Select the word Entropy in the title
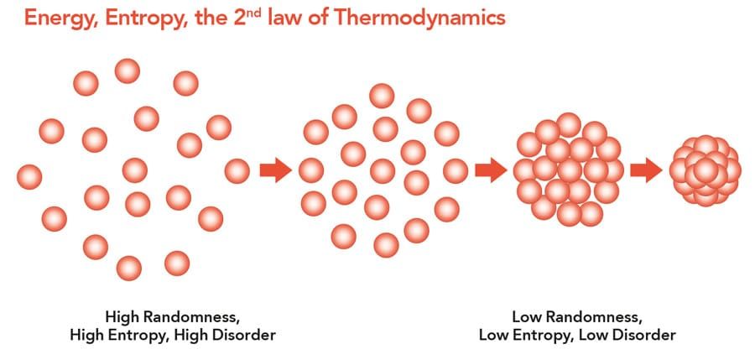(x=129, y=18)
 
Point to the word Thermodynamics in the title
(x=419, y=18)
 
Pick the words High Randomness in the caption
(x=173, y=317)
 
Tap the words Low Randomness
(x=577, y=317)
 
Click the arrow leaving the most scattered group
(x=276, y=170)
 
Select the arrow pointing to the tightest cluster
(x=646, y=170)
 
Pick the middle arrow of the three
(x=491, y=170)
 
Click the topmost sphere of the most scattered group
(x=128, y=70)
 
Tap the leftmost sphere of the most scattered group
(x=29, y=177)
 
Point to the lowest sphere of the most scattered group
(x=129, y=269)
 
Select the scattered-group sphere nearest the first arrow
(x=237, y=171)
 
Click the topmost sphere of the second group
(x=382, y=96)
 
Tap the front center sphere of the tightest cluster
(x=706, y=170)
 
